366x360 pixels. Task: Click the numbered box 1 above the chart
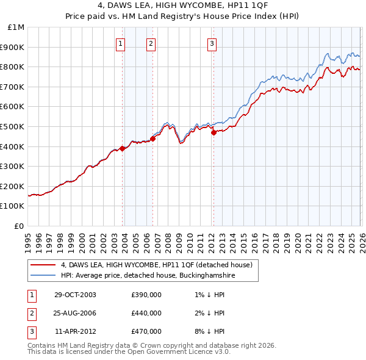121,43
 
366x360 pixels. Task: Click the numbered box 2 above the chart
151,43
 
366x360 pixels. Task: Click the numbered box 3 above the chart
211,43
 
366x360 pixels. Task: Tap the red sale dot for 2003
123,148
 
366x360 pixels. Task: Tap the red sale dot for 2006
153,139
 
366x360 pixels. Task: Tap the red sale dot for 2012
213,132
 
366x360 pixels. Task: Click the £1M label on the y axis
16,27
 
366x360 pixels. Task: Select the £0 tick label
20,226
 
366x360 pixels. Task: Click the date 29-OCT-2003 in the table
75,295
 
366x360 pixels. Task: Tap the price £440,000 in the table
146,313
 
